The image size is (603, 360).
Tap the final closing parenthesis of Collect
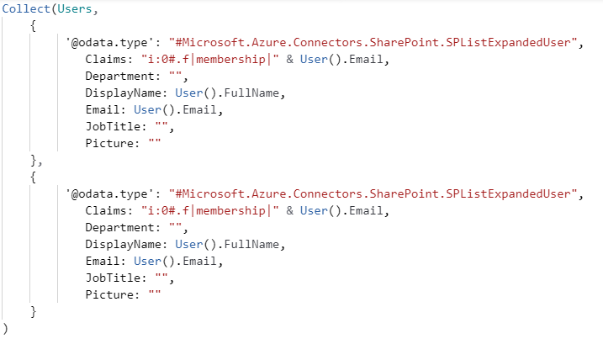pyautogui.click(x=6, y=329)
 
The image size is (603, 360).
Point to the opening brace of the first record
pyautogui.click(x=33, y=25)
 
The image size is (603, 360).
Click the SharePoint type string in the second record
pyautogui.click(x=373, y=193)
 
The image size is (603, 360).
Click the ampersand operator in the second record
pyautogui.click(x=290, y=210)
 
